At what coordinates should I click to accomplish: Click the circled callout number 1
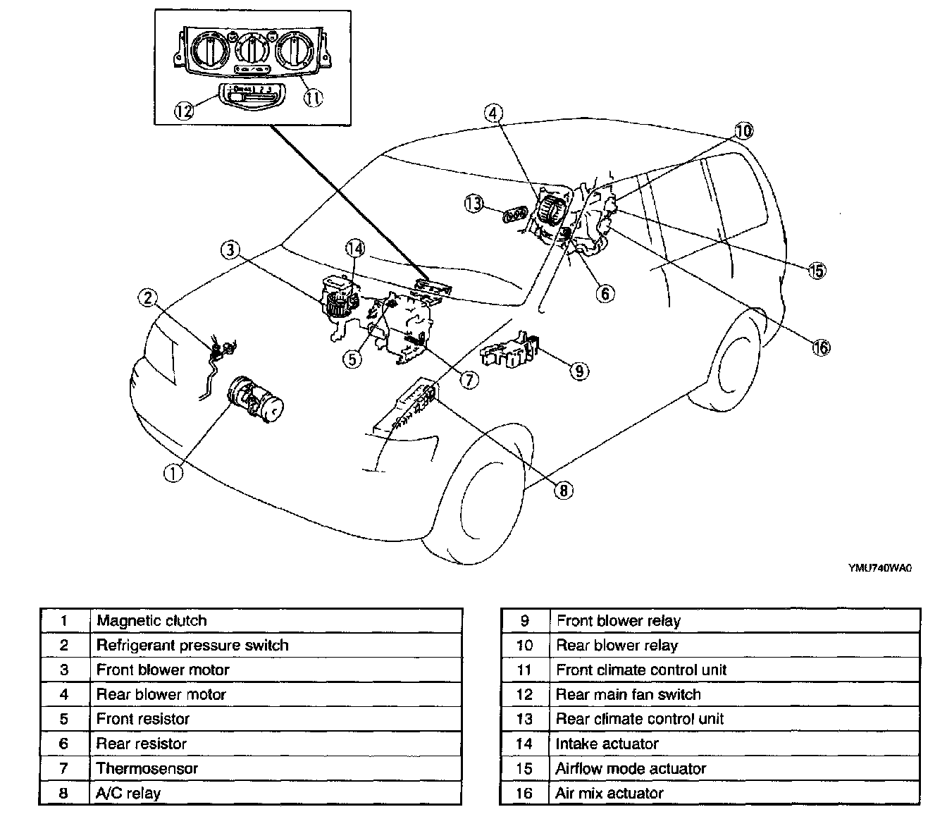[x=173, y=474]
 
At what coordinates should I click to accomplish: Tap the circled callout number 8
[x=564, y=491]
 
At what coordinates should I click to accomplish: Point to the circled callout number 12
[x=185, y=111]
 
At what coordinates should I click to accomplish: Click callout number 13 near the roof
[x=473, y=204]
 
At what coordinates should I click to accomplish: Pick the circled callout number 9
[x=578, y=371]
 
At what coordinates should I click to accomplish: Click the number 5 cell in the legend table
[x=64, y=719]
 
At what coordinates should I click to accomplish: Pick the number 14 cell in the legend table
[x=525, y=744]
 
